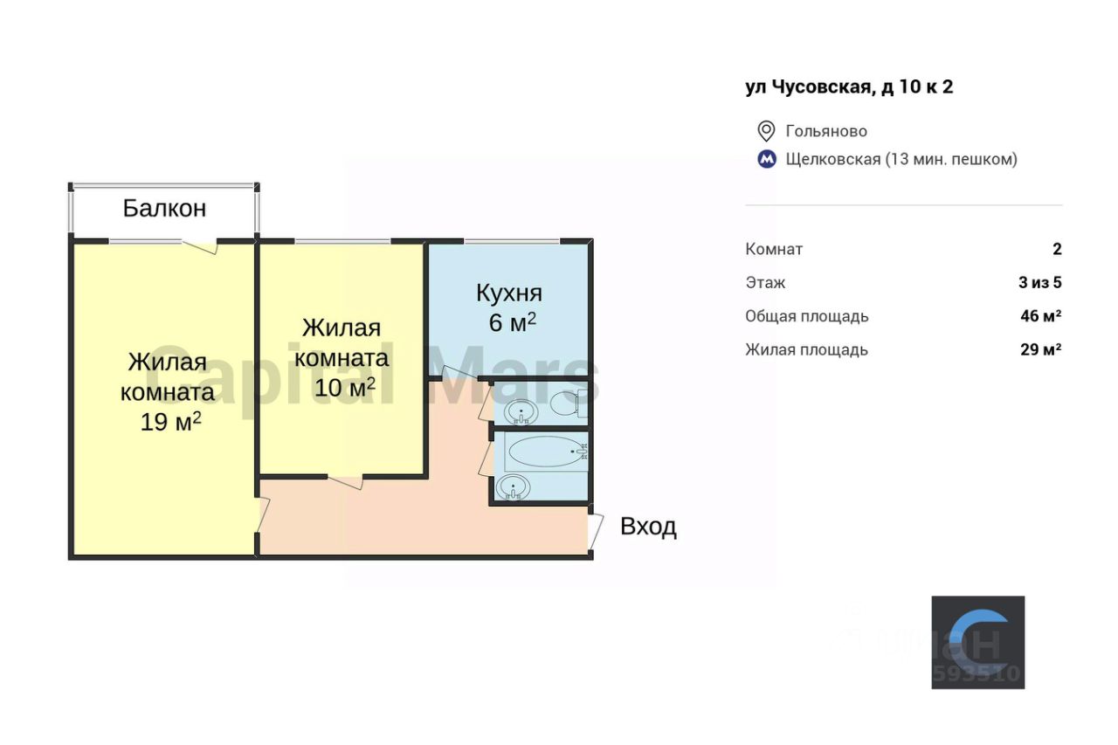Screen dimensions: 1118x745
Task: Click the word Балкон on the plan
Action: pos(164,209)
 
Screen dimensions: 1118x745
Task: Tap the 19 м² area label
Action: pos(171,422)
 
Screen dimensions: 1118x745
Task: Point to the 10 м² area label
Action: pos(345,387)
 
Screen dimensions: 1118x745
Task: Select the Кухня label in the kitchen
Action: pos(509,293)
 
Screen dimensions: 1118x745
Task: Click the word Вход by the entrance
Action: pos(648,527)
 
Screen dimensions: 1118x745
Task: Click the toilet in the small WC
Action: pos(563,404)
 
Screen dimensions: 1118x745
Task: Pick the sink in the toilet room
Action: pos(521,410)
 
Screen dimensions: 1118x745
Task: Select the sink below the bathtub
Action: pos(514,487)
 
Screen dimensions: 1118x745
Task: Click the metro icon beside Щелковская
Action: pos(766,159)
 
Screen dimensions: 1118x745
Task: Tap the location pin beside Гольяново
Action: pos(766,131)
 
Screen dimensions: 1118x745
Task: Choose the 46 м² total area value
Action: pos(1040,316)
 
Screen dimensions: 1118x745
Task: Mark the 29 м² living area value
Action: pos(1040,349)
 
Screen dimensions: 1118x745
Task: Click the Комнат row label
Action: pos(774,249)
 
